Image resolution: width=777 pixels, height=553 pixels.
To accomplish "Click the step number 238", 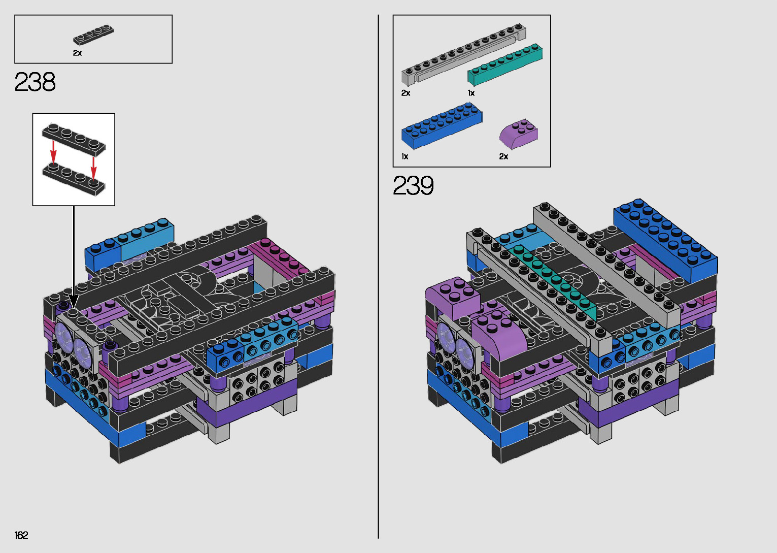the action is click(35, 82).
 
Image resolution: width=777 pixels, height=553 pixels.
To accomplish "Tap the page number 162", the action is click(21, 535).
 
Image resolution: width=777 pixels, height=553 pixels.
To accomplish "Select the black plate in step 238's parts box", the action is click(94, 35).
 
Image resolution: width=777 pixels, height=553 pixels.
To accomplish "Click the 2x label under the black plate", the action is click(77, 53).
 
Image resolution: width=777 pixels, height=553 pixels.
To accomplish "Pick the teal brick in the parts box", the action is click(504, 65).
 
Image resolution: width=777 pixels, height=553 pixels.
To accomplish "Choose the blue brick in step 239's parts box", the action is click(442, 125).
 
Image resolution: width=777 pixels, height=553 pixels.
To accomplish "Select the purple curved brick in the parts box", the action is click(519, 135).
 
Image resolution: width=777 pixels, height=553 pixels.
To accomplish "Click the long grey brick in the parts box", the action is click(464, 54).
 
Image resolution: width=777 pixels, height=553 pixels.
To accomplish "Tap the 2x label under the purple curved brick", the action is click(503, 156).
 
